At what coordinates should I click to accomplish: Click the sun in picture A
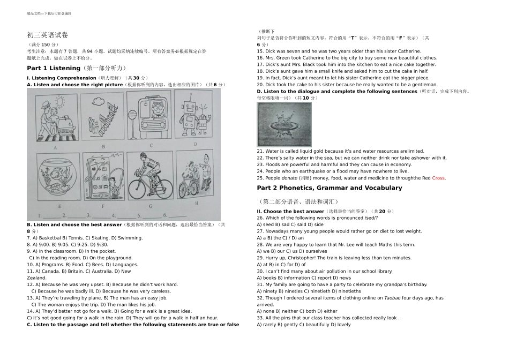click(61, 102)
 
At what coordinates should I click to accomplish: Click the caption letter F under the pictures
click(103, 206)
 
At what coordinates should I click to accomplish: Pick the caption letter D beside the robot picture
click(196, 144)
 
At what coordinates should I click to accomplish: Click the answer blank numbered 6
click(177, 216)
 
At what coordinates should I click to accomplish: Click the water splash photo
click(285, 124)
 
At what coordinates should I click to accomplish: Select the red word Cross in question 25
click(438, 178)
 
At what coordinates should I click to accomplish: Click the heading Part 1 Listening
click(54, 68)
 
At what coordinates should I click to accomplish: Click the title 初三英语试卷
click(47, 35)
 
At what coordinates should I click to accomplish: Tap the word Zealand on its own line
click(36, 278)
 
